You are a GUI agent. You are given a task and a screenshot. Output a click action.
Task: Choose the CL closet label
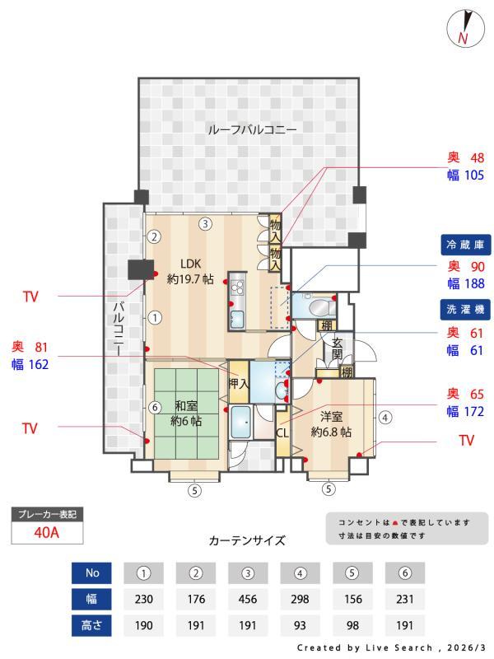click(x=282, y=432)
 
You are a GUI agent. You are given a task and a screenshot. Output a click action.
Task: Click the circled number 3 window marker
click(x=205, y=222)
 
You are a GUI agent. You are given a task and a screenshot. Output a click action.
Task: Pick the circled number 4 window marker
click(x=385, y=417)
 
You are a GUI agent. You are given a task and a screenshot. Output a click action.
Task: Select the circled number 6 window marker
click(x=154, y=407)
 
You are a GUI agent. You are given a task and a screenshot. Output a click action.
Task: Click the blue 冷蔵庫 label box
click(x=467, y=245)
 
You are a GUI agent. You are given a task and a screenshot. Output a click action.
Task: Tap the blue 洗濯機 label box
click(x=467, y=310)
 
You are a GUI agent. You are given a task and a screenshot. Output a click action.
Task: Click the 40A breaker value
click(x=47, y=532)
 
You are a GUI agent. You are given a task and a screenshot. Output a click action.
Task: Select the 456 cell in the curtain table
click(x=247, y=599)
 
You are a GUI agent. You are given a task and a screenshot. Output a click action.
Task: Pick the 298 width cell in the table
click(x=300, y=599)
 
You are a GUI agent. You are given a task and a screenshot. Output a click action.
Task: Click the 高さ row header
click(x=91, y=625)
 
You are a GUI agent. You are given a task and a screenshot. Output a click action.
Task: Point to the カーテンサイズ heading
click(x=247, y=540)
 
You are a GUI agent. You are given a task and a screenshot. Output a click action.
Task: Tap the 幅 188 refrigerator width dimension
click(x=466, y=283)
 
